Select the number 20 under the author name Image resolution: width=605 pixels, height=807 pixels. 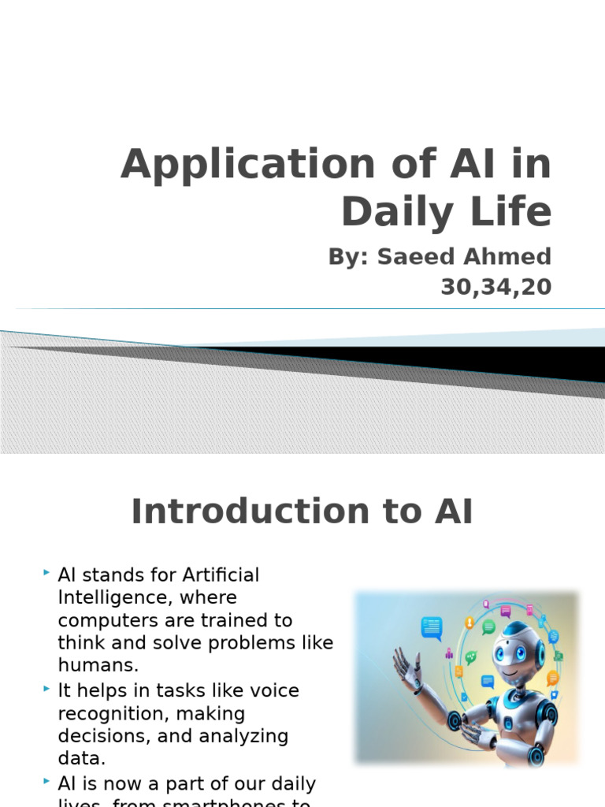pyautogui.click(x=536, y=288)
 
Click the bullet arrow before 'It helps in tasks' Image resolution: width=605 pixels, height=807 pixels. pyautogui.click(x=47, y=690)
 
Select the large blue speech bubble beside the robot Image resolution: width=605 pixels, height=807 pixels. pyautogui.click(x=432, y=628)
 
